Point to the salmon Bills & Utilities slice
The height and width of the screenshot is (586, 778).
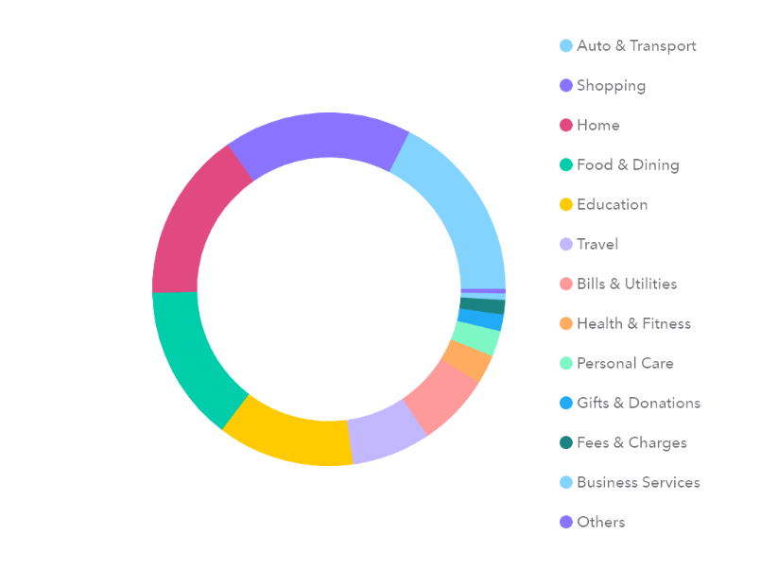tap(441, 397)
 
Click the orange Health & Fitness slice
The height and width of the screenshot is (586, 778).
tap(467, 359)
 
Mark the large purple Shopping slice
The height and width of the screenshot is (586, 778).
tap(317, 137)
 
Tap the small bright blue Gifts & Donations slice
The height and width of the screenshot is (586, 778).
tap(481, 319)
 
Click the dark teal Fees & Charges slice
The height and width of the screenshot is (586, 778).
tap(483, 305)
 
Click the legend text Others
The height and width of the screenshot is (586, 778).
tap(601, 522)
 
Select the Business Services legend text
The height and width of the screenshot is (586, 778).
tap(638, 482)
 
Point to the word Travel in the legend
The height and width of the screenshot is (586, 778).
tap(597, 244)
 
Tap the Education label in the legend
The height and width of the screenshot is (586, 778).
tap(613, 204)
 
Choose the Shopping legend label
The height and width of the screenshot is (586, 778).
tap(612, 85)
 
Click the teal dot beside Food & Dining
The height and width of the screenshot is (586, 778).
tap(566, 164)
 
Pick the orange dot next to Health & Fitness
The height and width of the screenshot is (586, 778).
tap(566, 323)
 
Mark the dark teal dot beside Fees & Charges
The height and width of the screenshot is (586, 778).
tap(566, 442)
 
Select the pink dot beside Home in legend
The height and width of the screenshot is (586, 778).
tap(566, 125)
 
